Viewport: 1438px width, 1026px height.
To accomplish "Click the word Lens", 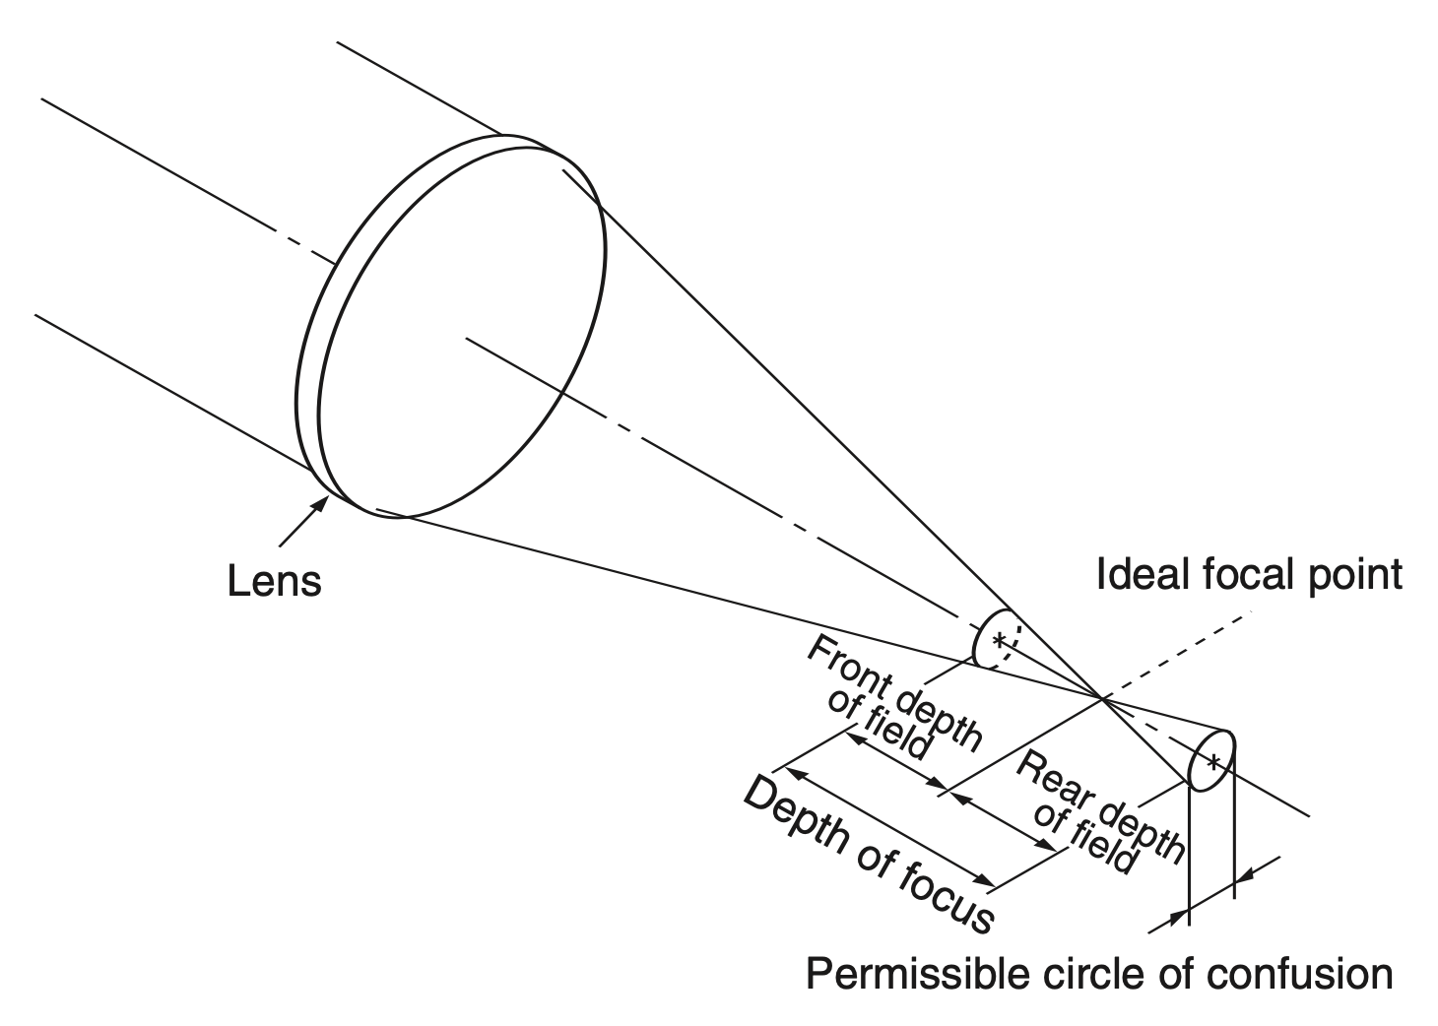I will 274,580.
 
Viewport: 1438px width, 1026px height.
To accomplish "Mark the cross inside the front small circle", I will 1000,640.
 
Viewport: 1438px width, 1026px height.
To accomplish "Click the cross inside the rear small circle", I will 1213,760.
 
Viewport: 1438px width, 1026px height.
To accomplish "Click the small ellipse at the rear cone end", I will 1211,760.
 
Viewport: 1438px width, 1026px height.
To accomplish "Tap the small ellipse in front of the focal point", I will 995,640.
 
